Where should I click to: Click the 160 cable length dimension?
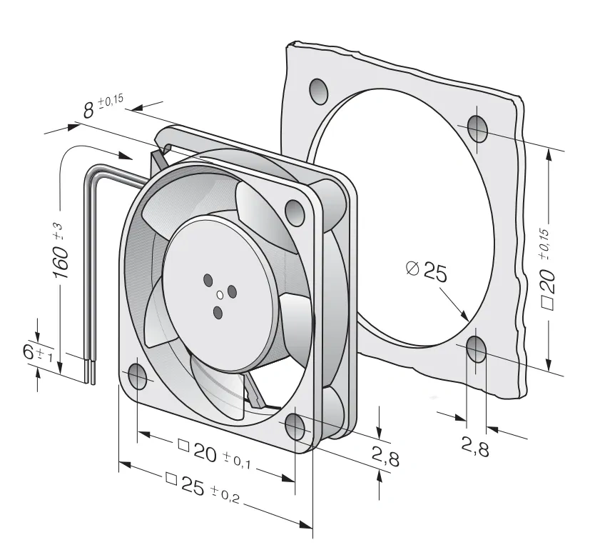[x=61, y=252]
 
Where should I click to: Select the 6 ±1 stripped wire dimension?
[x=36, y=354]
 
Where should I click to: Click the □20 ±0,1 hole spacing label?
[x=215, y=455]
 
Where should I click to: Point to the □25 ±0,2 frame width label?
[x=203, y=488]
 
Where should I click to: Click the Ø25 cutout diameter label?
[x=427, y=271]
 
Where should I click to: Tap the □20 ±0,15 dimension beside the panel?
[x=547, y=269]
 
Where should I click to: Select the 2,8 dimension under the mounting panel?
[x=475, y=448]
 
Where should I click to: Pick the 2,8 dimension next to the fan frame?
[x=385, y=456]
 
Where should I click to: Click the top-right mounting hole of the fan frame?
[x=295, y=212]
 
